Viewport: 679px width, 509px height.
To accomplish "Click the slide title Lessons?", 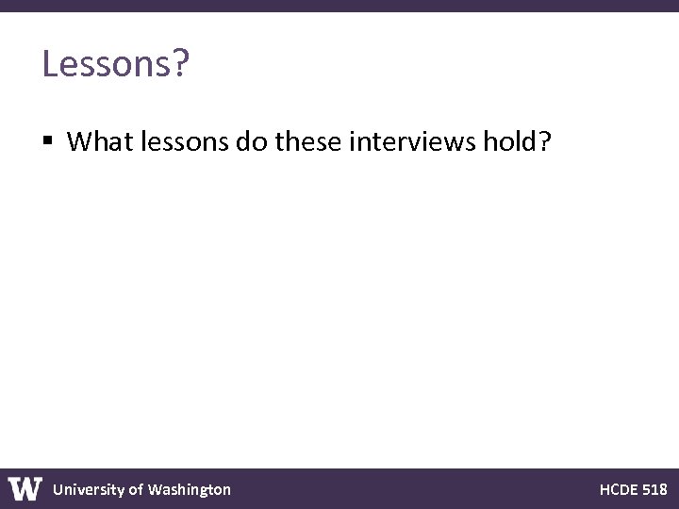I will (x=116, y=64).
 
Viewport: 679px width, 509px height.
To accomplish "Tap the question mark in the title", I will (x=181, y=64).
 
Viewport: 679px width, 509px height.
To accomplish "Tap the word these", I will (x=308, y=142).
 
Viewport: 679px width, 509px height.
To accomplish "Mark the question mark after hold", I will (x=544, y=142).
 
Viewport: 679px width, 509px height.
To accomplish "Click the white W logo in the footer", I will (x=25, y=489).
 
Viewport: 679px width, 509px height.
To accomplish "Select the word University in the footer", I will (x=88, y=489).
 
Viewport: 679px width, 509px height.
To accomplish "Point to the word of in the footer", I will (x=136, y=489).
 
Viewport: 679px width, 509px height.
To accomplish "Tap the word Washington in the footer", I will (x=190, y=489).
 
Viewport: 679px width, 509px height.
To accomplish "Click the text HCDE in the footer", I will (x=618, y=489).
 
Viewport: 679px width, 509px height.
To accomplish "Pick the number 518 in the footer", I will (x=655, y=489).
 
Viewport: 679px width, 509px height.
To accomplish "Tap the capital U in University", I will (x=58, y=489).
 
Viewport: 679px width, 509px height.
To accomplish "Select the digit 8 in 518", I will (x=663, y=489).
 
